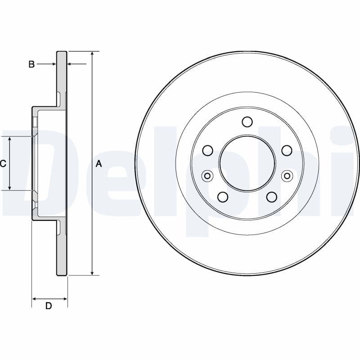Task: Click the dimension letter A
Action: [x=99, y=164]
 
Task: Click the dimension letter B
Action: [x=31, y=64]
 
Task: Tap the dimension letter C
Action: [x=3, y=164]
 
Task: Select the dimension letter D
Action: [x=49, y=306]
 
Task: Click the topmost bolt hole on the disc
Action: [x=247, y=121]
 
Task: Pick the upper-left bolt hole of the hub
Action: [x=208, y=150]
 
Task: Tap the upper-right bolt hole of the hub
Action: [x=286, y=150]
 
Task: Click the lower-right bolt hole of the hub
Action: [x=271, y=196]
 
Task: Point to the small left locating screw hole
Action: [x=207, y=175]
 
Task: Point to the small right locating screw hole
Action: [x=287, y=175]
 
